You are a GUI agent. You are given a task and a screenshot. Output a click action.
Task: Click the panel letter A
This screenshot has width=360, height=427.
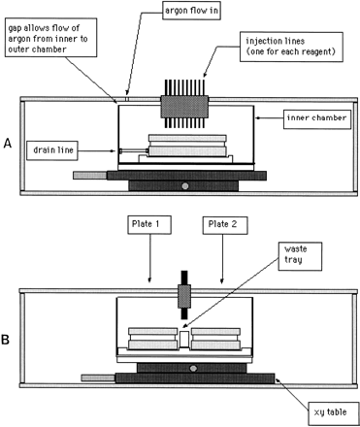(x=7, y=142)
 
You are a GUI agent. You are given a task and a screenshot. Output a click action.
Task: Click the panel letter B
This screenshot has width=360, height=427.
(x=7, y=342)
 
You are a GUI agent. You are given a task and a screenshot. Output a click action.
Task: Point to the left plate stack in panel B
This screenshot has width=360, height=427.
(x=148, y=339)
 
